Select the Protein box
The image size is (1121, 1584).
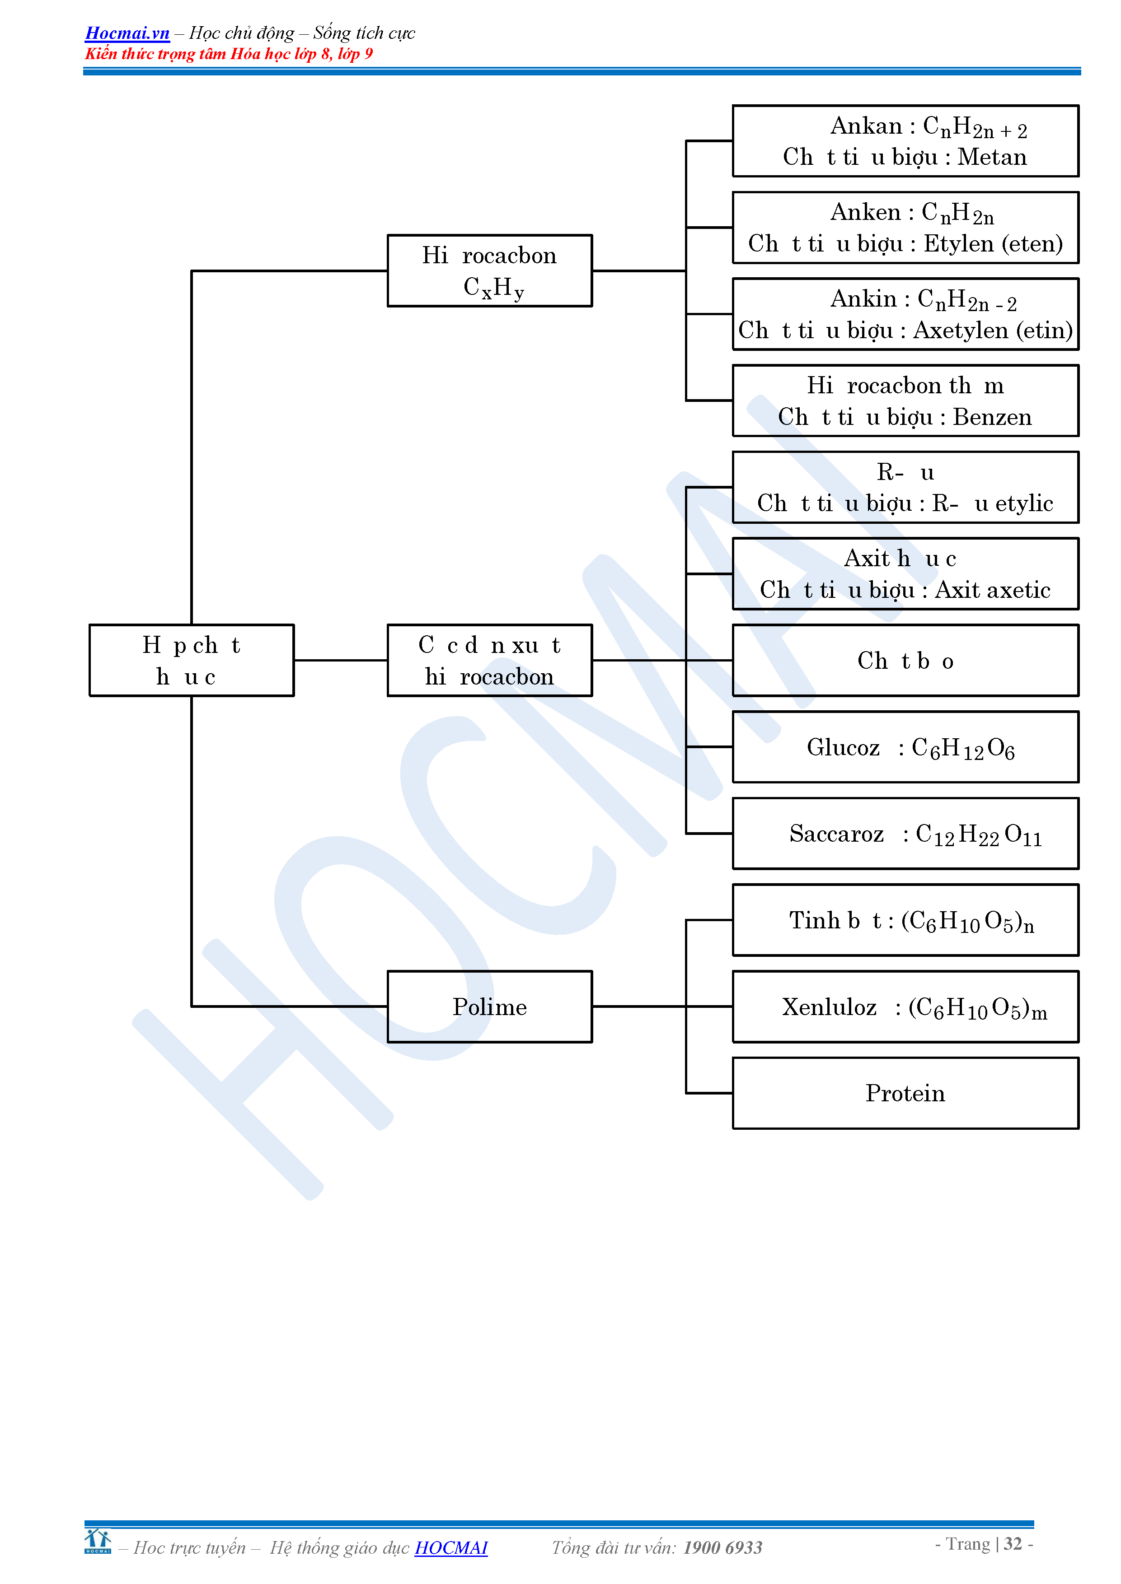(x=905, y=1094)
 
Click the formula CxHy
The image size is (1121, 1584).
(x=493, y=288)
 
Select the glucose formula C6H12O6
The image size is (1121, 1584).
(x=963, y=749)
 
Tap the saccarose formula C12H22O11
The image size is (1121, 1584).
(x=978, y=835)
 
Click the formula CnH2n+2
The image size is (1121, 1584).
(x=975, y=128)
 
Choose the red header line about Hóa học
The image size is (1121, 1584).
(x=229, y=54)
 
